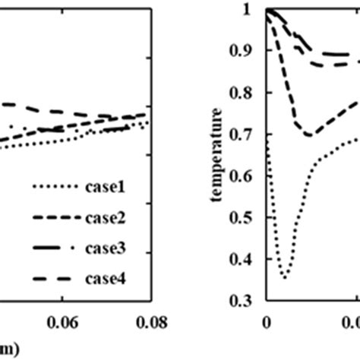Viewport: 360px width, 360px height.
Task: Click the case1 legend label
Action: (x=109, y=187)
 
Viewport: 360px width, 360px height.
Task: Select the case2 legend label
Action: (x=109, y=218)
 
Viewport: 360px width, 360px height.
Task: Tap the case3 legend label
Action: (x=109, y=249)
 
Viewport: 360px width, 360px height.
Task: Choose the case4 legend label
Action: (x=109, y=280)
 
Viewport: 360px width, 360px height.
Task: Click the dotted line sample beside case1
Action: (x=53, y=187)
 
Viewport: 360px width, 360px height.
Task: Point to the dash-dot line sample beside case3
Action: (x=53, y=249)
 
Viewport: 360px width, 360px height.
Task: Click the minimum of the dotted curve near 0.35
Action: (x=285, y=277)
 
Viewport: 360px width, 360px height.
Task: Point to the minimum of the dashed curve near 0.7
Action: (x=309, y=135)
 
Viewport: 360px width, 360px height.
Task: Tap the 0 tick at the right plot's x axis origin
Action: (x=267, y=322)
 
